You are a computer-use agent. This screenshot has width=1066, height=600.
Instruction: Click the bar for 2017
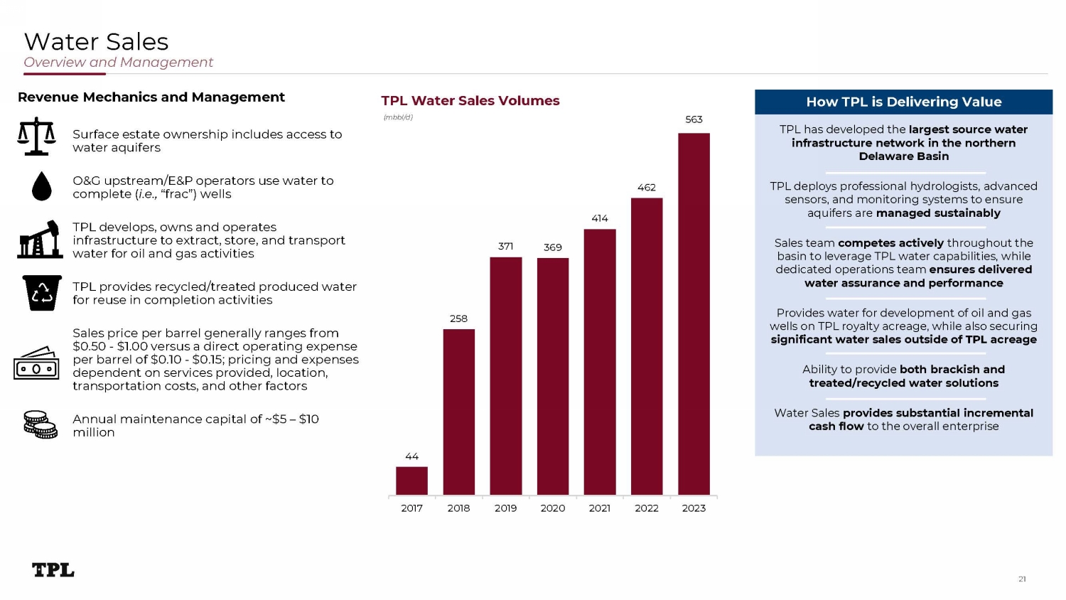pos(411,481)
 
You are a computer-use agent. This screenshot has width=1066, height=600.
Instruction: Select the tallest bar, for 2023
pos(694,314)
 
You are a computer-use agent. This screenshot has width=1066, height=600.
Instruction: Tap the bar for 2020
pos(553,376)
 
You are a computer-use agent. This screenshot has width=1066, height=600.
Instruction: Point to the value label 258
pos(458,318)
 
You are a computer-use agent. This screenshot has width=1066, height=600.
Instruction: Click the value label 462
pos(647,188)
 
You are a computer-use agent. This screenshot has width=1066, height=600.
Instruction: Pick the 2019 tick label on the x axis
pos(505,508)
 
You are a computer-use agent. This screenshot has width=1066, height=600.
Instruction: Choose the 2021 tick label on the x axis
pos(600,508)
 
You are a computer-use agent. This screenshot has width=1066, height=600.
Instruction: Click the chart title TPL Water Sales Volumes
pos(470,101)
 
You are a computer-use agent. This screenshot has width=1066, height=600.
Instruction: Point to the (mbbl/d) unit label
pos(398,117)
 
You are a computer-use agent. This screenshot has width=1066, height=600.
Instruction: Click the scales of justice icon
pos(37,136)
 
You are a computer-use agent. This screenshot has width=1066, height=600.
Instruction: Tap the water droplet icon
pos(42,186)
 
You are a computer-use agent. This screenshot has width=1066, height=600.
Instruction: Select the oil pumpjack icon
pos(41,240)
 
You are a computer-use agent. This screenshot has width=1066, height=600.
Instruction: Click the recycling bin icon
pos(42,293)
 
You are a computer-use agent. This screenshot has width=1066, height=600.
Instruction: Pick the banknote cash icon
pos(36,364)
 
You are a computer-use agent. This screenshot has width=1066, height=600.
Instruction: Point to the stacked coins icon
pos(41,424)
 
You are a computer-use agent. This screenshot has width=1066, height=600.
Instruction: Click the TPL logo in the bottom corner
pos(53,570)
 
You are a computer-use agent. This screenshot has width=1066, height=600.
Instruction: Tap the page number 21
pos(1022,579)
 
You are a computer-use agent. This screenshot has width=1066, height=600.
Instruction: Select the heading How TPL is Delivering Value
pos(903,102)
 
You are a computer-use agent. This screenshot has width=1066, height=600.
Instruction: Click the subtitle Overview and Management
pos(118,63)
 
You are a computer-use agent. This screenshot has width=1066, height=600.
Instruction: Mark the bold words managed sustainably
pos(938,213)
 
